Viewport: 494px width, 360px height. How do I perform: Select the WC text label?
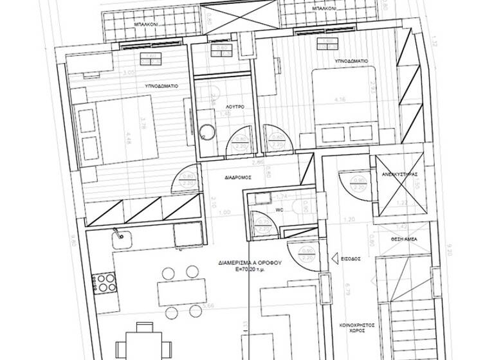click(279, 209)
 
